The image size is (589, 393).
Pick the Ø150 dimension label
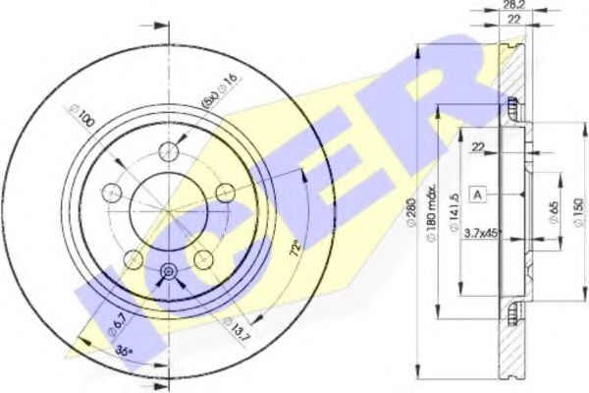click(577, 209)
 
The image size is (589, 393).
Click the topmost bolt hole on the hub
click(169, 149)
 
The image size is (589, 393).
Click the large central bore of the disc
click(167, 211)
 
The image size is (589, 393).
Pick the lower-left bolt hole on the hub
click(131, 259)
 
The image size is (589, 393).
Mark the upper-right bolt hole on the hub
click(225, 191)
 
